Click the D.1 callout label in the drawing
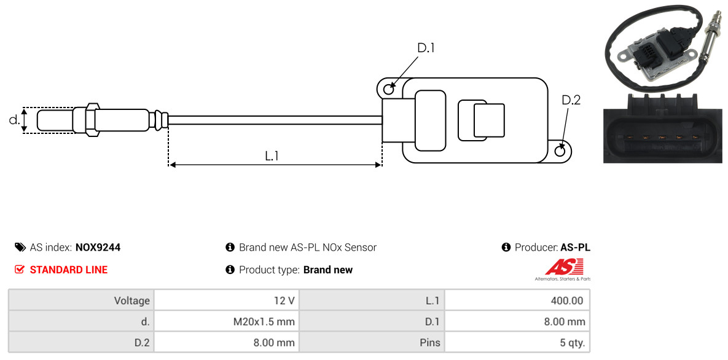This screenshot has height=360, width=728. coord(426,47)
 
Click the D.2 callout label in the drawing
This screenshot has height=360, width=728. coord(571,100)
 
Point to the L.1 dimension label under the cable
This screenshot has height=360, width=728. coord(272,156)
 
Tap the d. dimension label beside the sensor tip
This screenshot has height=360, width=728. coord(14,120)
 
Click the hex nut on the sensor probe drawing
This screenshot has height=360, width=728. coord(92,119)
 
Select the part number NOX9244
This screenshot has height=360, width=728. coord(98,248)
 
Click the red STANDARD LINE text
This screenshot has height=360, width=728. coord(69,270)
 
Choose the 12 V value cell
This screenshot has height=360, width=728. coord(227,300)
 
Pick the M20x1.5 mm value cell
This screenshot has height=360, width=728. coord(227,321)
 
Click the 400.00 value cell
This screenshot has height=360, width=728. coord(517,300)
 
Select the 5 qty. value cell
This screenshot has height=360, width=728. coord(517,343)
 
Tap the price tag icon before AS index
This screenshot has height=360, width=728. coord(20,247)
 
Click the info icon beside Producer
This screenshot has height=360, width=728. coord(506,247)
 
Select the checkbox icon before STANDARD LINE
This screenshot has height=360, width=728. coord(20,270)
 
